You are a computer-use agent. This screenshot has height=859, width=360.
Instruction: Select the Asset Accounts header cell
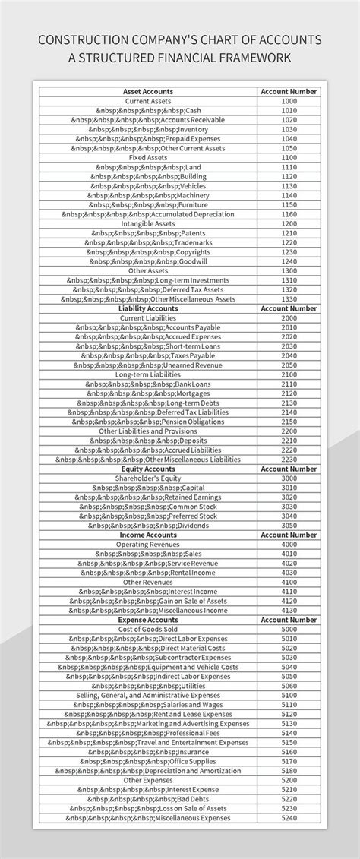pyautogui.click(x=148, y=91)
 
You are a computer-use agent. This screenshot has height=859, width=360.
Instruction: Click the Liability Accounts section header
pyautogui.click(x=148, y=309)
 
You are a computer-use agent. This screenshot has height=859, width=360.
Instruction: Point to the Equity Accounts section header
pyautogui.click(x=148, y=469)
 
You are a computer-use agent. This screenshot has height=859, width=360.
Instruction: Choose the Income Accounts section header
pyautogui.click(x=148, y=535)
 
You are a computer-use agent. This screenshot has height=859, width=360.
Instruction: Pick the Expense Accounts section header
pyautogui.click(x=148, y=620)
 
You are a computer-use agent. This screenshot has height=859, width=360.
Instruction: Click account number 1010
pyautogui.click(x=289, y=110)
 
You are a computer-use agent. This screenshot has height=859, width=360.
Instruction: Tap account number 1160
pyautogui.click(x=289, y=214)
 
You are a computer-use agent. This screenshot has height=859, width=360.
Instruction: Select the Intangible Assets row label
pyautogui.click(x=148, y=224)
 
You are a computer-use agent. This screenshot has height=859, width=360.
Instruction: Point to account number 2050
pyautogui.click(x=289, y=365)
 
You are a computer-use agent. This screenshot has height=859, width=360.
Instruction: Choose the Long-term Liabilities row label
pyautogui.click(x=148, y=374)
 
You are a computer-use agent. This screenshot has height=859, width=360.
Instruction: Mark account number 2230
pyautogui.click(x=289, y=460)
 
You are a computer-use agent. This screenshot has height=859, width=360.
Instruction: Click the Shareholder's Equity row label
pyautogui.click(x=148, y=478)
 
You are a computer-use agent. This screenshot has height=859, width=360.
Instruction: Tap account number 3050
pyautogui.click(x=289, y=526)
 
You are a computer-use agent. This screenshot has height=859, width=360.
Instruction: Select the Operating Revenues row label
pyautogui.click(x=148, y=545)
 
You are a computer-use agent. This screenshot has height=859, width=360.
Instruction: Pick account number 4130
pyautogui.click(x=289, y=610)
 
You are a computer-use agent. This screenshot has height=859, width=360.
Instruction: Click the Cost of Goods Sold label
pyautogui.click(x=148, y=629)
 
